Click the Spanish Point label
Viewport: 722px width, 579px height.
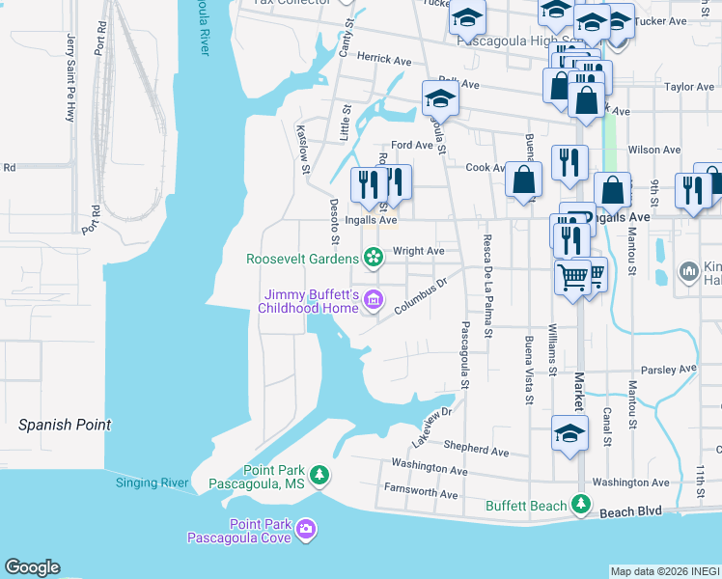click(x=65, y=425)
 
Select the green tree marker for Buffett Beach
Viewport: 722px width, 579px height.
click(x=580, y=504)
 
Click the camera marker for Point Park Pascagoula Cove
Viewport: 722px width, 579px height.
click(x=306, y=528)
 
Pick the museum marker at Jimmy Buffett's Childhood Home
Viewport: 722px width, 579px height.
click(x=373, y=302)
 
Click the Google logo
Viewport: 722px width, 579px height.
click(x=32, y=567)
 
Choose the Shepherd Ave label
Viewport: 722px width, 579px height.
click(x=476, y=450)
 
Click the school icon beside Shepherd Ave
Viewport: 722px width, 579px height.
click(x=569, y=433)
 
